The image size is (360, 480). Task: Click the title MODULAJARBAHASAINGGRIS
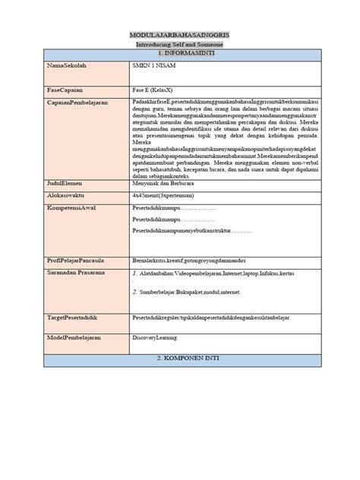180,36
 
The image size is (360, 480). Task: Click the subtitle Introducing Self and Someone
180,46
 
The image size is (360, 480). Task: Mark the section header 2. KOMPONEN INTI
180,356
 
